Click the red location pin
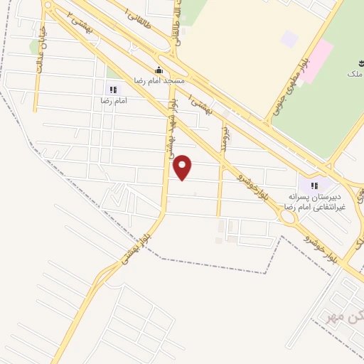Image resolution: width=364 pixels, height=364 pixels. [x=183, y=167]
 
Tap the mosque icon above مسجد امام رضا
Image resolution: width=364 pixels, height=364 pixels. [x=159, y=70]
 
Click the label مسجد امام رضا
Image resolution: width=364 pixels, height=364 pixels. [x=164, y=80]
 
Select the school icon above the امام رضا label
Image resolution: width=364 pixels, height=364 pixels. [x=112, y=90]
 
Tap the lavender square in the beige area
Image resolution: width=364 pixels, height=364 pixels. [x=289, y=38]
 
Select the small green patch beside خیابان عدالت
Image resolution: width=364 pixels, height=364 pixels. [x=34, y=46]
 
